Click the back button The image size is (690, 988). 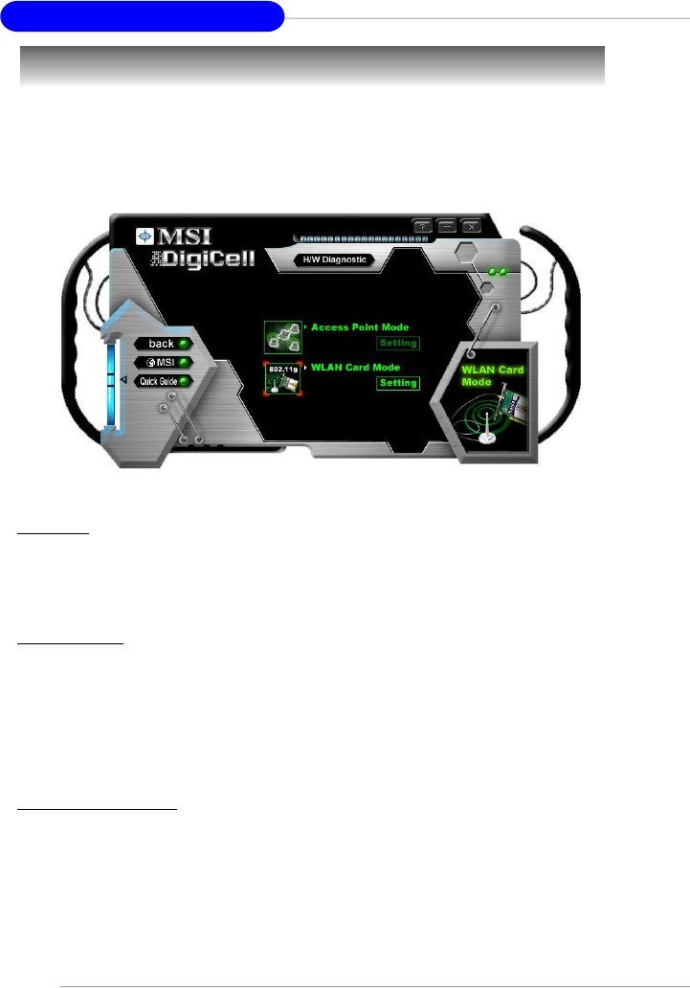(162, 344)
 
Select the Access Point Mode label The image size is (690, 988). (360, 327)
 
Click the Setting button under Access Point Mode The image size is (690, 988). (398, 344)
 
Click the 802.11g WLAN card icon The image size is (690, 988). (282, 379)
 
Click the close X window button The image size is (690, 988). (470, 226)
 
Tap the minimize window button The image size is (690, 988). (447, 226)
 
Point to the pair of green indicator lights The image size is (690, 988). (497, 273)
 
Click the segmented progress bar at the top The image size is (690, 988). (360, 236)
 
